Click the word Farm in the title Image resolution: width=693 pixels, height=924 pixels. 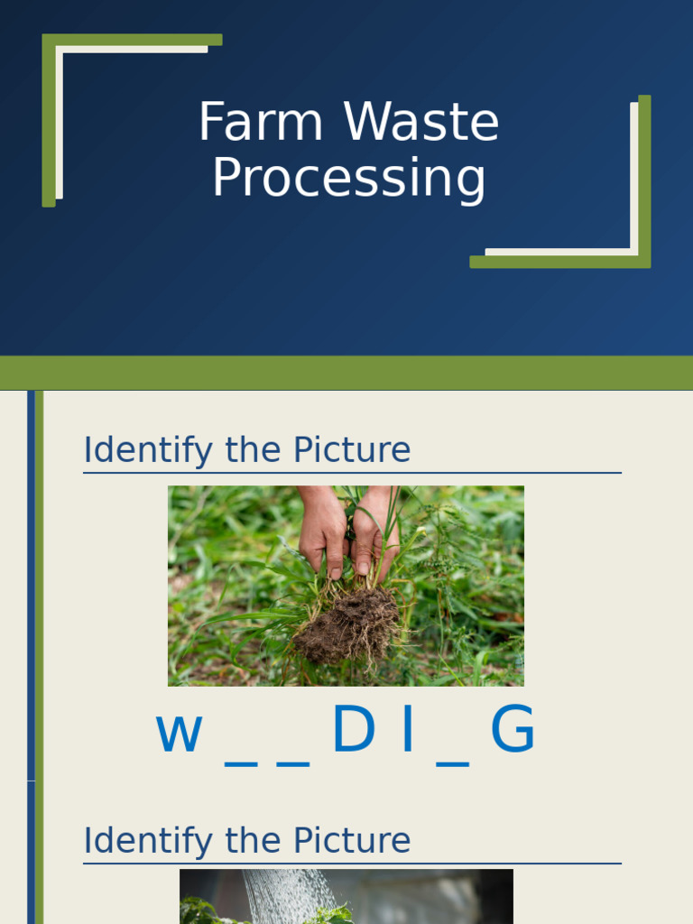(x=260, y=123)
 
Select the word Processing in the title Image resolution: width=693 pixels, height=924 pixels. (x=349, y=179)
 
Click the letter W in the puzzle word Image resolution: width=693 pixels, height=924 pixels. (x=179, y=733)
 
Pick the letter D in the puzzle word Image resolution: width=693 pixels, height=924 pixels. (x=353, y=731)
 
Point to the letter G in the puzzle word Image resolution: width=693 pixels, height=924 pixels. (x=513, y=731)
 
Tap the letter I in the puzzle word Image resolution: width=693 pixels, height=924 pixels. (x=408, y=731)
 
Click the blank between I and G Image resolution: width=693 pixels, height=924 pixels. (x=453, y=762)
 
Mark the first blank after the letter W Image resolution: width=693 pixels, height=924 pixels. (x=240, y=762)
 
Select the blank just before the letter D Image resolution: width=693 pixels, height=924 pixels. (x=293, y=762)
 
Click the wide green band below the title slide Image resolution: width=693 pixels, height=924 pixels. (x=346, y=373)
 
